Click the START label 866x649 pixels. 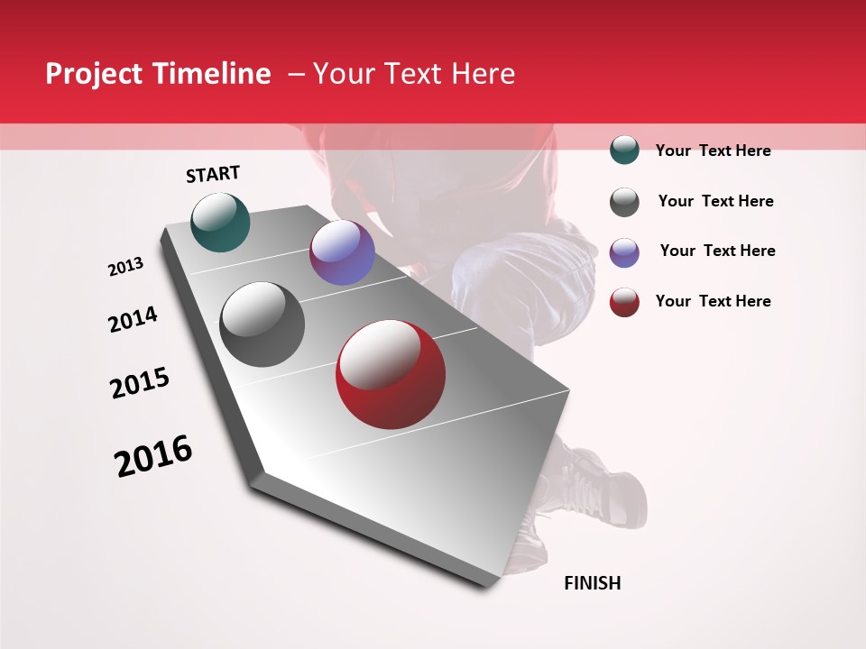coord(213,174)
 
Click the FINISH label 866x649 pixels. coord(592,583)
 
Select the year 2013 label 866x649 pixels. coord(125,267)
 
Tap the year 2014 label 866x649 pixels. coord(133,319)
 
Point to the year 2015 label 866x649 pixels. coord(140,383)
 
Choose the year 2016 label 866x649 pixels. coord(153,456)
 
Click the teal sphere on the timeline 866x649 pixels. coord(220,222)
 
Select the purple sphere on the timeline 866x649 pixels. coord(342,252)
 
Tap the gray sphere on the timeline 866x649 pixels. coord(263,324)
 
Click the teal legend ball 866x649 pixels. coord(624,150)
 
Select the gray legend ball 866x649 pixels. coord(624,202)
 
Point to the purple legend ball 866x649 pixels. coord(624,252)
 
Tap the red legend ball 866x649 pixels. coord(624,302)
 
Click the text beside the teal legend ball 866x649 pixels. coord(713,151)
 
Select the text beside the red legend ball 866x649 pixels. coord(713,301)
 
